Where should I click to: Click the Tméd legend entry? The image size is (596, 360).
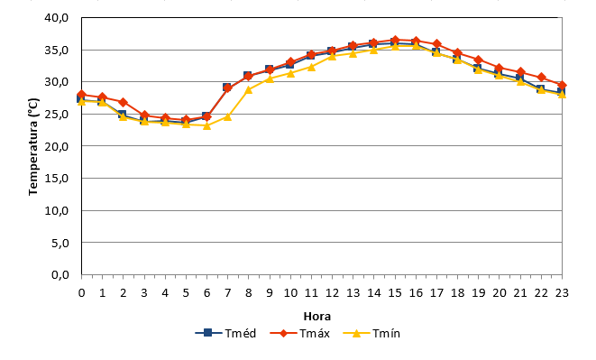click(x=225, y=333)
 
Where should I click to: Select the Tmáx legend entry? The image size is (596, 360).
click(x=300, y=333)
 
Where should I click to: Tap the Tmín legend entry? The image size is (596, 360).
click(x=371, y=333)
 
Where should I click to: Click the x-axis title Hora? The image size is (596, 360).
click(x=317, y=316)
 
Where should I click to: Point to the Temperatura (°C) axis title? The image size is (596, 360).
click(x=33, y=147)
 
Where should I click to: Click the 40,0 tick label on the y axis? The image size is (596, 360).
click(x=56, y=18)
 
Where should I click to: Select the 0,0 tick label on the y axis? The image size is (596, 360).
click(x=60, y=275)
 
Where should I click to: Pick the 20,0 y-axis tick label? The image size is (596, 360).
click(x=56, y=146)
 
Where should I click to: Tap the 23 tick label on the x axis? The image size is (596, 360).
click(x=562, y=292)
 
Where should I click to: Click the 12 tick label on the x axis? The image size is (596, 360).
click(x=332, y=292)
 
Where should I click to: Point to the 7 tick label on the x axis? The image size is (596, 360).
click(x=228, y=292)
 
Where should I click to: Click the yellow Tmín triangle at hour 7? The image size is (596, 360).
click(x=228, y=116)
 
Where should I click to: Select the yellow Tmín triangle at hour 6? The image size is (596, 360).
click(x=206, y=125)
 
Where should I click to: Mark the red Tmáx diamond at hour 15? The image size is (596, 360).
click(x=395, y=40)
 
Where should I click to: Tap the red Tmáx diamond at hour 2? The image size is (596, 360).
click(x=124, y=102)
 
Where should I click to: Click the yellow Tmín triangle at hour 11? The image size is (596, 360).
click(x=311, y=67)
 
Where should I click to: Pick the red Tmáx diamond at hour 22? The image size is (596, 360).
click(x=541, y=78)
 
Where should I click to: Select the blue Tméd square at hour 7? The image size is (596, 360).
click(x=227, y=88)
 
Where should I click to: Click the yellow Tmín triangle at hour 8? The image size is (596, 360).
click(x=249, y=90)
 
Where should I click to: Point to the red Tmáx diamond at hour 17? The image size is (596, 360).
click(x=436, y=44)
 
